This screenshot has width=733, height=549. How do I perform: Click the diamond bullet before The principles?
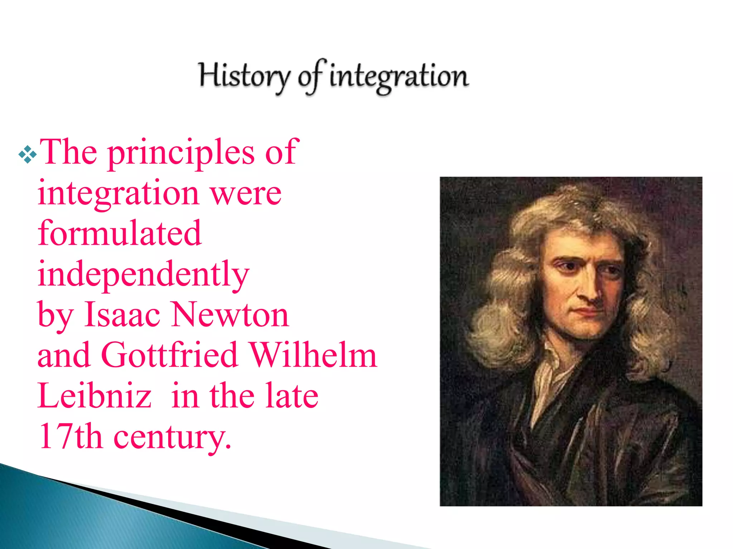[28, 154]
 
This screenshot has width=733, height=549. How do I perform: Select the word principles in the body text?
[181, 153]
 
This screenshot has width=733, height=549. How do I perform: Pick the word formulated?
[120, 234]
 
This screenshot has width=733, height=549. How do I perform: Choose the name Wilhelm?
[313, 356]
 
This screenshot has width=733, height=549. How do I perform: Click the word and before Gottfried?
[64, 356]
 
